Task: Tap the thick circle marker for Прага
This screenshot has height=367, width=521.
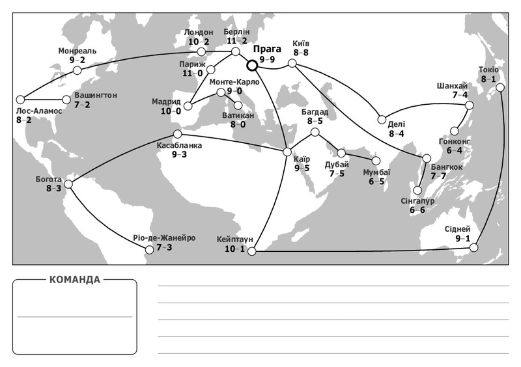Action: (x=251, y=64)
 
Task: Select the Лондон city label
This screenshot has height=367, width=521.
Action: (x=199, y=32)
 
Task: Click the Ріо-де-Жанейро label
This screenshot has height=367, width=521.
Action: (x=164, y=238)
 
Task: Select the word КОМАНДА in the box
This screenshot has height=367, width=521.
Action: (x=75, y=280)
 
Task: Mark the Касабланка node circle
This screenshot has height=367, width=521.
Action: (x=177, y=134)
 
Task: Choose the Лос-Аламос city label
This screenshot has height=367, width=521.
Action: (x=40, y=111)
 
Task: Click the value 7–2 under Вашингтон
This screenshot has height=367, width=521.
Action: (x=83, y=104)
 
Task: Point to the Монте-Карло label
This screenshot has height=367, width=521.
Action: (x=234, y=82)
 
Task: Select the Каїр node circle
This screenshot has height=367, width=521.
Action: (x=287, y=152)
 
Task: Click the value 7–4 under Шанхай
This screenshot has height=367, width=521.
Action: (x=460, y=95)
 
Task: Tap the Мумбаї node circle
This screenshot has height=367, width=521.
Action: (x=376, y=159)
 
